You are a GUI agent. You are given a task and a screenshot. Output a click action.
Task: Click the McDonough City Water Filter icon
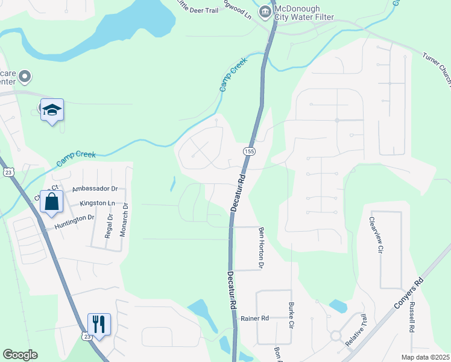265,12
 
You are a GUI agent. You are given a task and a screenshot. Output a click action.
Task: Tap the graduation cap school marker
52,110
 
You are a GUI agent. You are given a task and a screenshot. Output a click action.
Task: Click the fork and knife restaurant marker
99,324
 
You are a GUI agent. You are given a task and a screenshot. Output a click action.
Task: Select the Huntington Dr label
75,220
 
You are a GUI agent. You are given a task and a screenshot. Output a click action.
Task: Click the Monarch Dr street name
125,219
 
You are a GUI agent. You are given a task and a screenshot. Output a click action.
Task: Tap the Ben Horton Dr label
262,247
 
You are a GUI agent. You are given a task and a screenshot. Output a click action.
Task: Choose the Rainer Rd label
254,318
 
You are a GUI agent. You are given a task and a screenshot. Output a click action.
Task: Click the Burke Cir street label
291,316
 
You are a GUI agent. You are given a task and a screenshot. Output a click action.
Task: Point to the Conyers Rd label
409,294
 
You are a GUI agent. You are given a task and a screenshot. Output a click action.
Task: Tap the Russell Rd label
412,319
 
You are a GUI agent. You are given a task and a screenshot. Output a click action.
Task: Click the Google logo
20,355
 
